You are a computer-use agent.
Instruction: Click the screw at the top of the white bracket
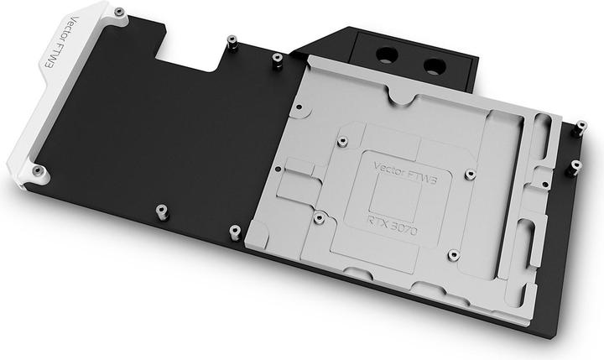tap(118, 12)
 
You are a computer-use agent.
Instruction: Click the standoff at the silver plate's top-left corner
tap(277, 58)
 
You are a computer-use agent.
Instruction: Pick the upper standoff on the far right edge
tap(580, 128)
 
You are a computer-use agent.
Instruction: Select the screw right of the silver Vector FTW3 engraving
tap(469, 175)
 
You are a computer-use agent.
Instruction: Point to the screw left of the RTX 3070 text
tap(318, 217)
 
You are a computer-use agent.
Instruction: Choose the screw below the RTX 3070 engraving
tap(452, 254)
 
